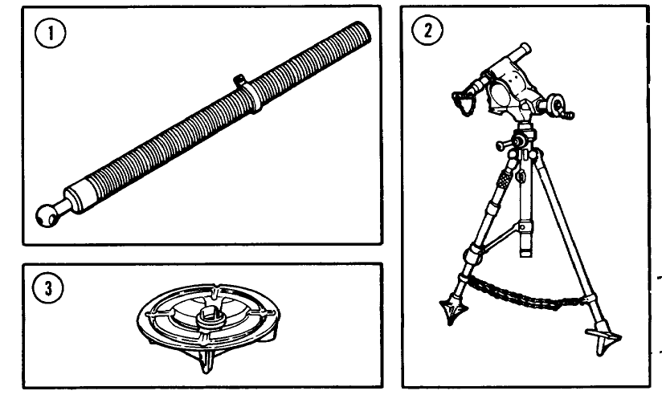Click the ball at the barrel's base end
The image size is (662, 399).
pyautogui.click(x=48, y=213)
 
